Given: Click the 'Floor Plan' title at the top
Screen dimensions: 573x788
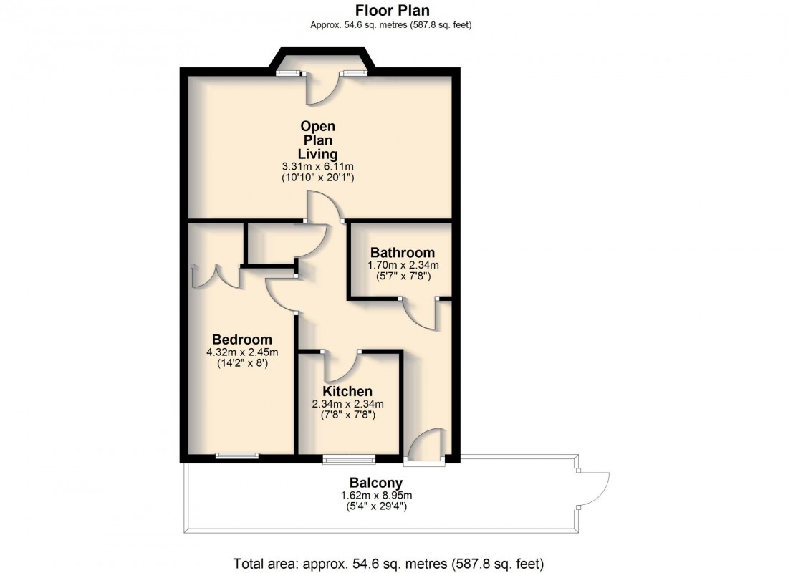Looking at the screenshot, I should [x=393, y=10].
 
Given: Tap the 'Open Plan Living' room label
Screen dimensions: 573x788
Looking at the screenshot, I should [x=317, y=140].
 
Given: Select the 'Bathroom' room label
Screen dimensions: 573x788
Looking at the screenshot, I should [x=402, y=253].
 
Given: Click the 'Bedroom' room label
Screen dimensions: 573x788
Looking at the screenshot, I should [x=242, y=340].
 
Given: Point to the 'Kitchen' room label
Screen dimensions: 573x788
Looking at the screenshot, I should [x=347, y=392].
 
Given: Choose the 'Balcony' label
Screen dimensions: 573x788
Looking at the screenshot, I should [x=375, y=483].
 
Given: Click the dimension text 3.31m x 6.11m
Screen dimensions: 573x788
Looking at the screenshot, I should [x=317, y=166].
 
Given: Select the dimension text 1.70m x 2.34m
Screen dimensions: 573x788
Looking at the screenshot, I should [x=403, y=265].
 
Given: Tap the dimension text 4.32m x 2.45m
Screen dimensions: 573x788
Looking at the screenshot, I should [x=242, y=352].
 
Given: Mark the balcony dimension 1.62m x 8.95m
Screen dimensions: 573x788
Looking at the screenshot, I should [x=375, y=495].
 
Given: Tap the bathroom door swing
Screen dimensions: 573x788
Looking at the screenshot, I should [x=422, y=314].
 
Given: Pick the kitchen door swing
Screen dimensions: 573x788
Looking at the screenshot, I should [x=342, y=366].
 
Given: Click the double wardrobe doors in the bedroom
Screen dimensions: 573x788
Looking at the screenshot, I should [x=216, y=275].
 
